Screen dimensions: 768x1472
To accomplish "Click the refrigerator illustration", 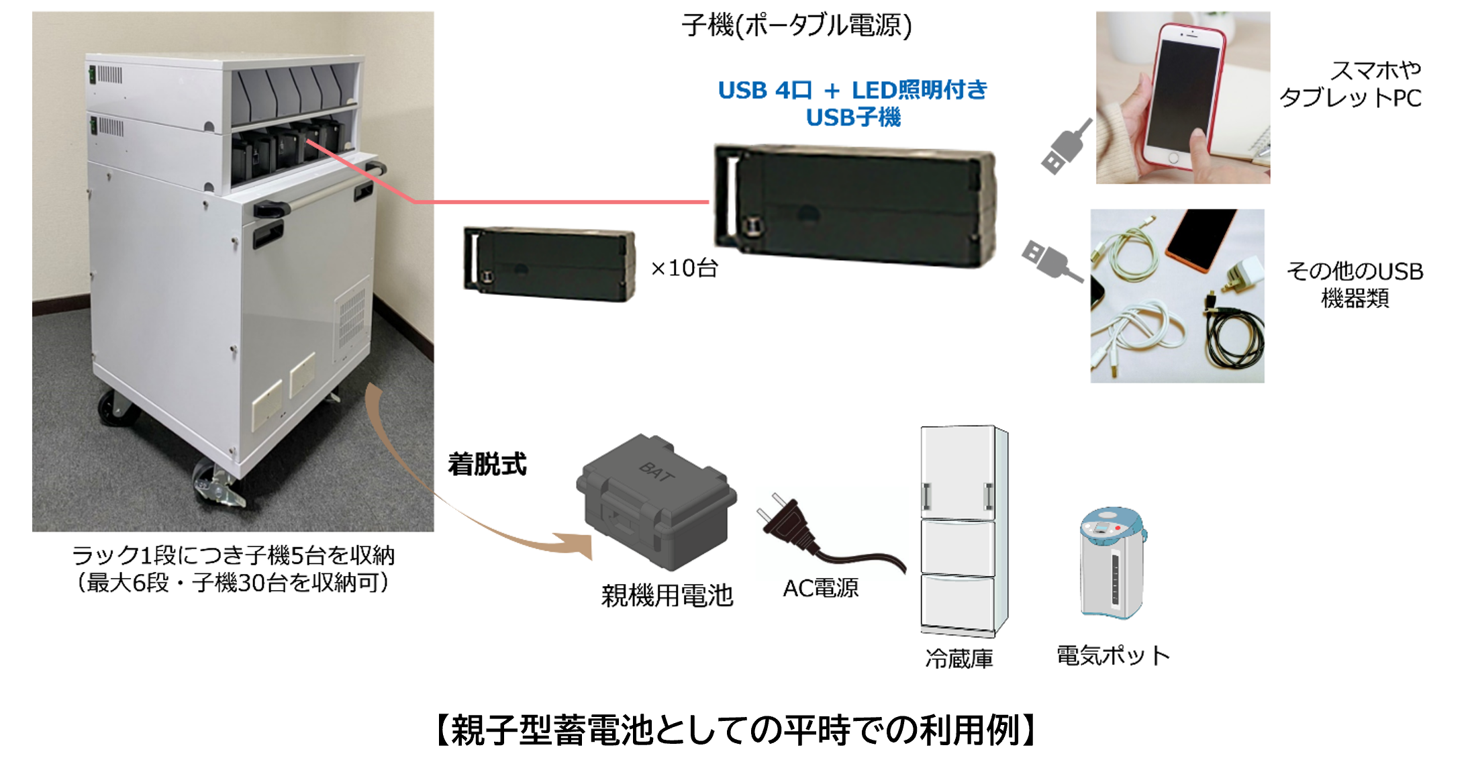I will (963, 530).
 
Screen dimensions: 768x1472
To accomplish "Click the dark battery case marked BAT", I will (655, 500).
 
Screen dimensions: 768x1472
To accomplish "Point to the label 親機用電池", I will (667, 595).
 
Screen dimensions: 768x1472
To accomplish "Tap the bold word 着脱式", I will (487, 465).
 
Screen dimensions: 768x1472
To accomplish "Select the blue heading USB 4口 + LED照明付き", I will (852, 90).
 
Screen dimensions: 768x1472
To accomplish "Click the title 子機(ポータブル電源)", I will (797, 26).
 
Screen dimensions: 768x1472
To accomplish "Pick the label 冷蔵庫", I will (959, 659).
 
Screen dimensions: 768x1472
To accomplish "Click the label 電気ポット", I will (1113, 655).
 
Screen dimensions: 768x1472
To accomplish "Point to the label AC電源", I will (820, 588).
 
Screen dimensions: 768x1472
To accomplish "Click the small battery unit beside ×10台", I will (549, 264).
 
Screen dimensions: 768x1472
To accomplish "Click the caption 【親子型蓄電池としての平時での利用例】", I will (736, 730).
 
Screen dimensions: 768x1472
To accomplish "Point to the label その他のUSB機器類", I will (1355, 284).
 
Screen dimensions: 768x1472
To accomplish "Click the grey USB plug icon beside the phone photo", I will (1065, 148).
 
